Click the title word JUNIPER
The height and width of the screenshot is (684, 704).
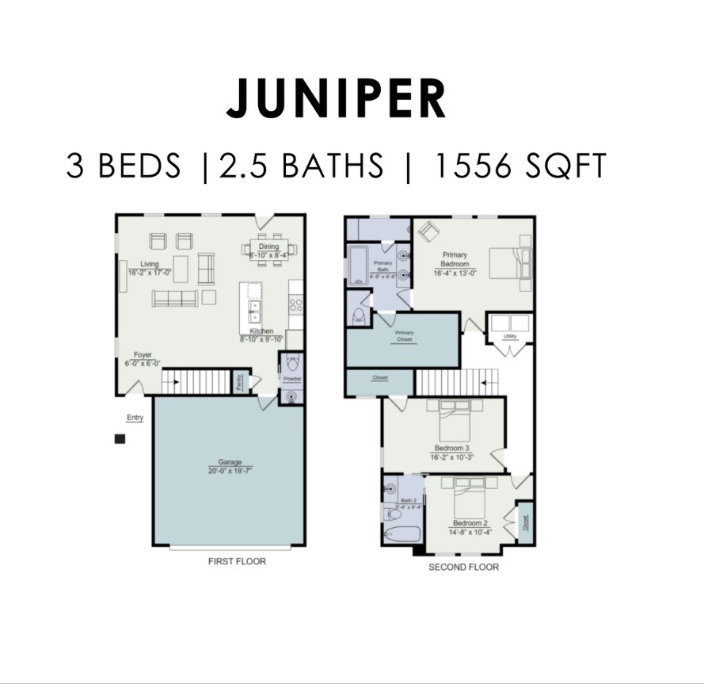(x=336, y=99)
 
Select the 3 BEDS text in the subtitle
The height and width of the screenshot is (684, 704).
(x=124, y=166)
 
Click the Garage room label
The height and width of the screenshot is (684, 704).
(x=230, y=462)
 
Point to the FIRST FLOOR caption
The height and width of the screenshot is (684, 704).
(x=237, y=561)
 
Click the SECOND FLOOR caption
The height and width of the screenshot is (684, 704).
(x=463, y=567)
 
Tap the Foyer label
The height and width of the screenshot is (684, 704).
(x=143, y=355)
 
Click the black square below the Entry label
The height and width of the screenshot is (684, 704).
(x=120, y=439)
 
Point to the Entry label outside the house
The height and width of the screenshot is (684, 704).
(x=135, y=418)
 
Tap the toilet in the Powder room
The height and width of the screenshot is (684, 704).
(x=291, y=365)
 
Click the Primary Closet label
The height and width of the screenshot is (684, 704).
(x=404, y=335)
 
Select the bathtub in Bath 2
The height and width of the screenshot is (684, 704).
(x=401, y=533)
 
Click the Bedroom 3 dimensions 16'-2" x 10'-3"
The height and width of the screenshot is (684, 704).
(x=452, y=457)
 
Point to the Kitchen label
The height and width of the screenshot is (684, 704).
(x=262, y=331)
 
